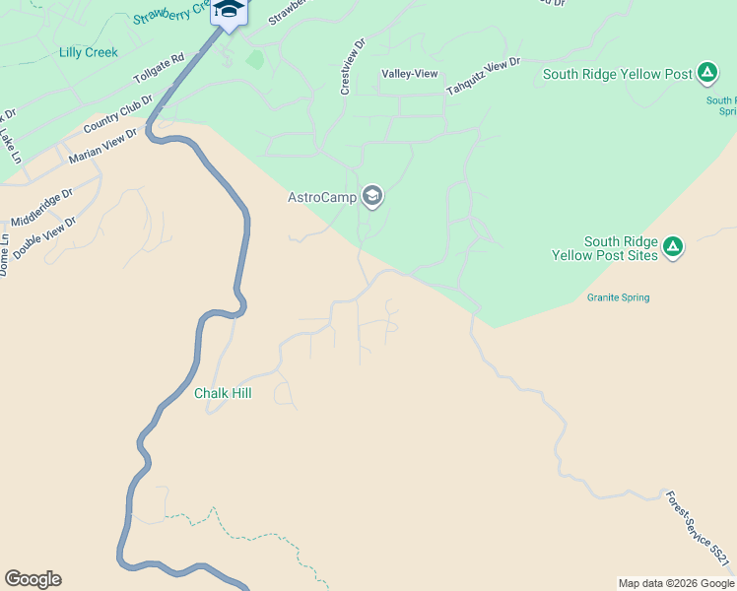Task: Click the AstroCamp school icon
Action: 372,197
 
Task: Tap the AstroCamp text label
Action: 321,197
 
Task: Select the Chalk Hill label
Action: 223,393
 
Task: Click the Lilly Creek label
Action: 88,52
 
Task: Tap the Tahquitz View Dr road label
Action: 483,77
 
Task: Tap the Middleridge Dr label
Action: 42,209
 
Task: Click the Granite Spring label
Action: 618,297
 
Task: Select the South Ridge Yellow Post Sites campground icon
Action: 673,246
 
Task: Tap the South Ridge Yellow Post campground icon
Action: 706,73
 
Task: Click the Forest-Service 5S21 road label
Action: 699,529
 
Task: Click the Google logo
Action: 33,579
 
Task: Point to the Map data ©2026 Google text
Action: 676,583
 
